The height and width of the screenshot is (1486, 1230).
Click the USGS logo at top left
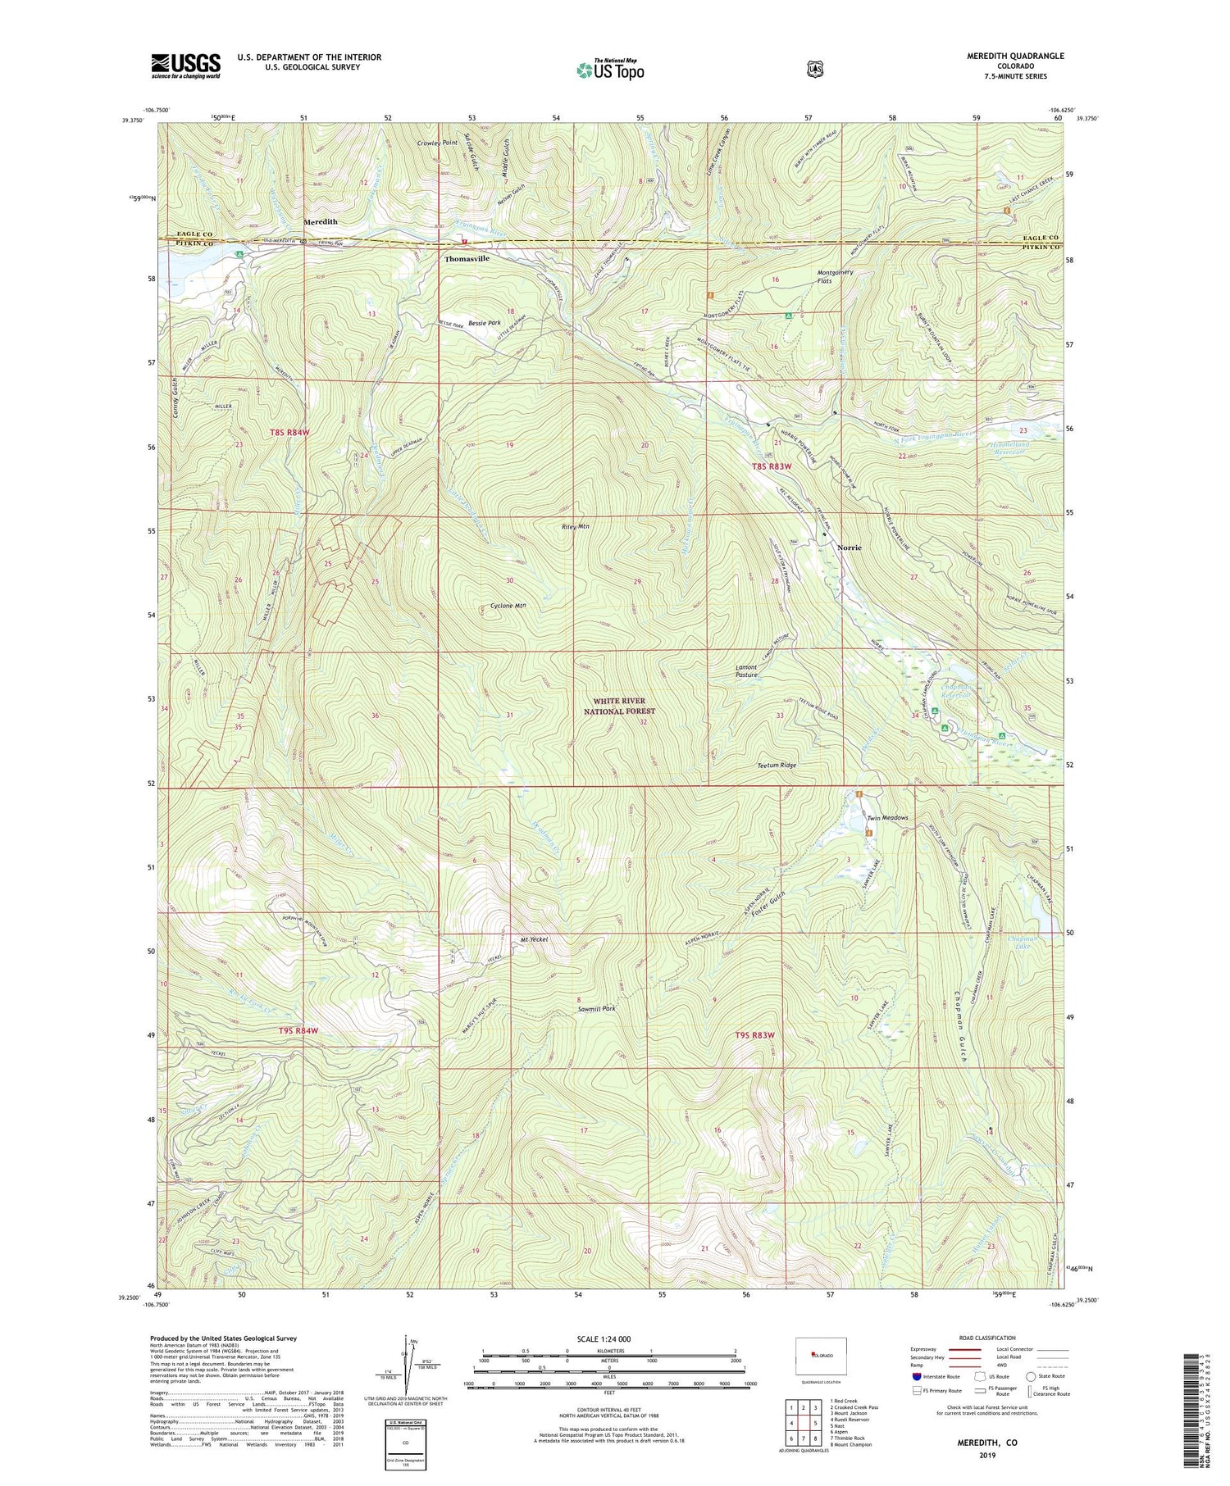pyautogui.click(x=185, y=66)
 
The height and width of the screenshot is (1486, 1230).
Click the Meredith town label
pyautogui.click(x=321, y=222)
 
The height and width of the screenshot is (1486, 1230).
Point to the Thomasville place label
pyautogui.click(x=467, y=258)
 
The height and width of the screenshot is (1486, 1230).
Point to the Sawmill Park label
pyautogui.click(x=595, y=1009)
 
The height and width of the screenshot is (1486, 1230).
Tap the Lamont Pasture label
pyautogui.click(x=745, y=670)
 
